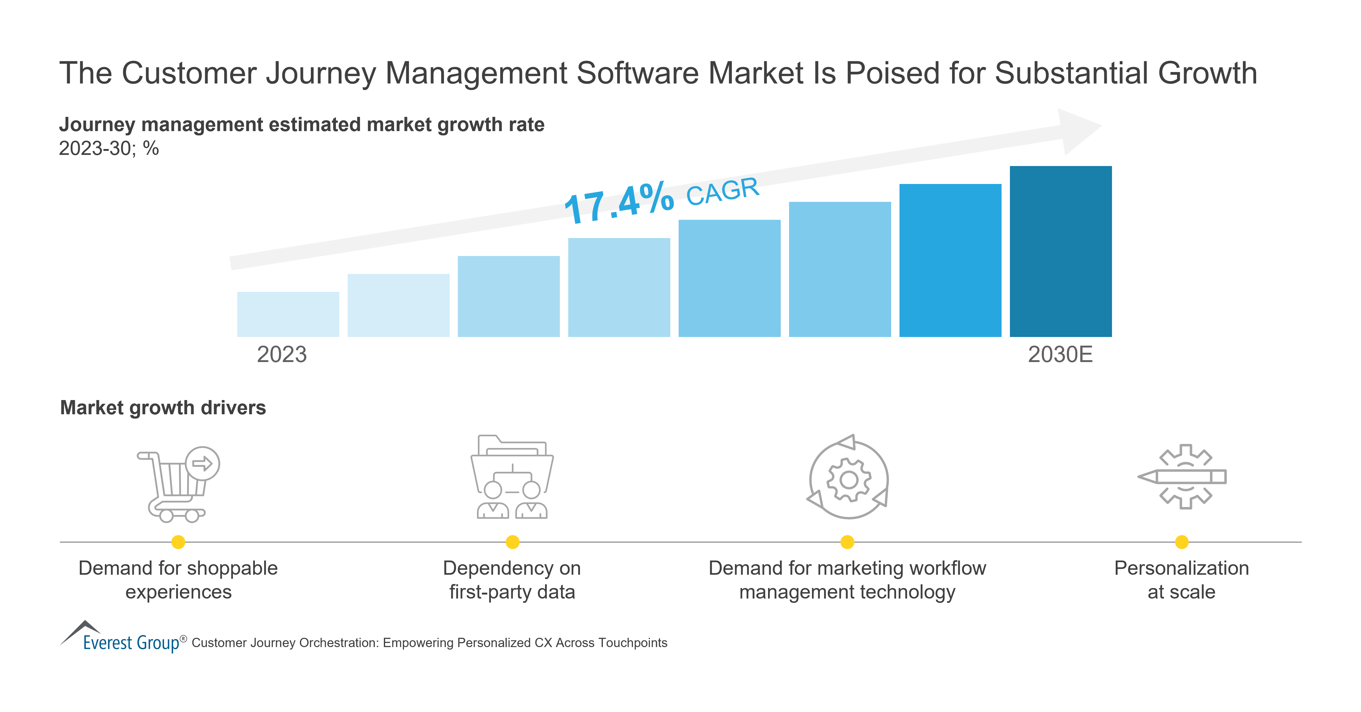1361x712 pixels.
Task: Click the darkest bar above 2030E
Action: pos(1060,251)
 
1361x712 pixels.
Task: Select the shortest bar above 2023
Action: pos(288,314)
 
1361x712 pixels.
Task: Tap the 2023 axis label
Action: pos(281,354)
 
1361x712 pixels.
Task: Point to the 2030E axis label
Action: pos(1060,354)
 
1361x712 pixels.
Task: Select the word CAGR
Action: pos(722,191)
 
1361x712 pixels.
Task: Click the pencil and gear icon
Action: pos(1182,476)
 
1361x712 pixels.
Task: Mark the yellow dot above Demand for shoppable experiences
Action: pos(178,542)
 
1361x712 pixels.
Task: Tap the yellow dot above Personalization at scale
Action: pos(1182,542)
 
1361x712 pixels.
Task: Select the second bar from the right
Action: pos(950,260)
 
